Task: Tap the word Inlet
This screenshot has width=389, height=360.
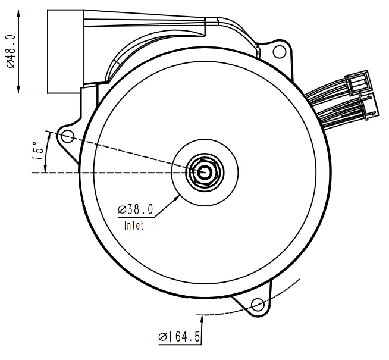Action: tap(134, 226)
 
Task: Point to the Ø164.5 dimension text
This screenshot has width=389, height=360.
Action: tap(178, 338)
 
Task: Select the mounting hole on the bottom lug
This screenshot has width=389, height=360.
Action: tap(258, 305)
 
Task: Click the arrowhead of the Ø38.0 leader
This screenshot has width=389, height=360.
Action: tap(178, 195)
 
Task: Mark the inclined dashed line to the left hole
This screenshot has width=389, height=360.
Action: tap(119, 151)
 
